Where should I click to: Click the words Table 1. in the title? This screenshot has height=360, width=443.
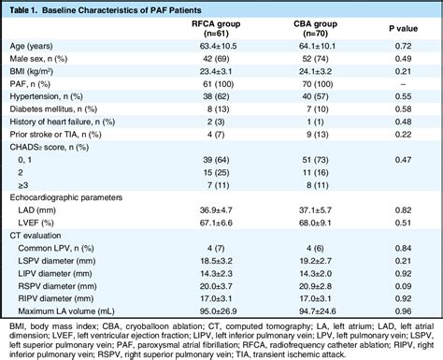tap(28, 8)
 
